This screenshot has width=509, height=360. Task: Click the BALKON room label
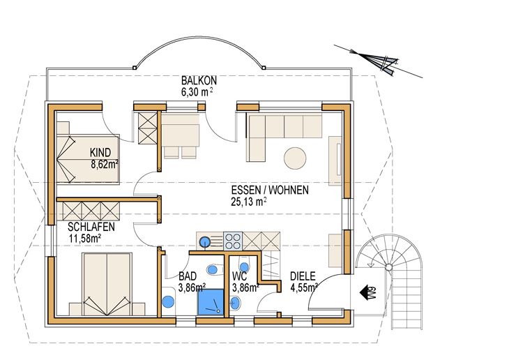(199, 80)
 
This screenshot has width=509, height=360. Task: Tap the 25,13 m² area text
(249, 202)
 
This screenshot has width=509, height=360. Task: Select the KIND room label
(100, 152)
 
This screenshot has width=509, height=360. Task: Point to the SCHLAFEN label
(91, 227)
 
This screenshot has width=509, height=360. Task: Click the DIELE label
(303, 276)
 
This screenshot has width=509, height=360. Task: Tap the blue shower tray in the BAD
(211, 302)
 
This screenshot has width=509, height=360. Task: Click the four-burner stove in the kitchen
(233, 241)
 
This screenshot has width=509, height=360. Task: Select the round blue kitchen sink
(204, 242)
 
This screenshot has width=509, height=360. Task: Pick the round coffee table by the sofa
(295, 158)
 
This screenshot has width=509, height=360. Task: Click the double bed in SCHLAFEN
(107, 284)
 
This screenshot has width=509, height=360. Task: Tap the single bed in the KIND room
(88, 159)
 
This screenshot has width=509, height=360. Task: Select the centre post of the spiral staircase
(388, 267)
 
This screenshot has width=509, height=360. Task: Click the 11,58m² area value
(85, 239)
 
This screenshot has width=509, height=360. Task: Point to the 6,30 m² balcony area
(197, 92)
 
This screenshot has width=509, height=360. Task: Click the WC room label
(240, 276)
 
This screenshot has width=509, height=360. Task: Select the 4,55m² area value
(304, 288)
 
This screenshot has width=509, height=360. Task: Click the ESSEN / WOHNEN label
(270, 190)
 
